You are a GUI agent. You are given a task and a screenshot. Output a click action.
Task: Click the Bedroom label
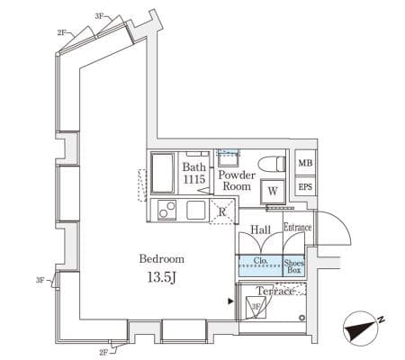(162, 259)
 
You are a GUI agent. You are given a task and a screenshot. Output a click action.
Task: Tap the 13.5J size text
(161, 278)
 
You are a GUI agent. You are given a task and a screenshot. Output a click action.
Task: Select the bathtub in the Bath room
(162, 173)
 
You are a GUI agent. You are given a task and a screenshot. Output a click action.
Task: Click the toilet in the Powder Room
(272, 164)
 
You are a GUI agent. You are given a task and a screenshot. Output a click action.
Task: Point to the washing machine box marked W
(273, 191)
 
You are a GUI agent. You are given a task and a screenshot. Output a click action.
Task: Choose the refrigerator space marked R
(222, 211)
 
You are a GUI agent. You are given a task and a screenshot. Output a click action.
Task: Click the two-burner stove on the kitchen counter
(167, 210)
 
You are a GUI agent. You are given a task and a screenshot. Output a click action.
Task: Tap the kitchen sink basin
(196, 210)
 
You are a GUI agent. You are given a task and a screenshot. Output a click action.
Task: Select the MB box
(305, 163)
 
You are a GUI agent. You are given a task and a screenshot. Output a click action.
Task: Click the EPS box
(305, 186)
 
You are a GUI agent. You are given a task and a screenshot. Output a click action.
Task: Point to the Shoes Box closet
(293, 266)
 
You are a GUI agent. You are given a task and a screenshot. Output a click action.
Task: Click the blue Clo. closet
(260, 265)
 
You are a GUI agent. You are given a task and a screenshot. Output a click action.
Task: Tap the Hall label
(260, 230)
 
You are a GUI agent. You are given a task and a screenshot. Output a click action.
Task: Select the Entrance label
(298, 228)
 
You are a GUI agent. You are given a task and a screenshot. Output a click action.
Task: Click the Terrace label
(274, 291)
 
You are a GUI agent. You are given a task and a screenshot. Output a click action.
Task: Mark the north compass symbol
(363, 329)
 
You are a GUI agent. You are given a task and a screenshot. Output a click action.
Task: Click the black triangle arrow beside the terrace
(230, 301)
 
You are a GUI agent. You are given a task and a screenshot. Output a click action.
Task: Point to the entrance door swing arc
(342, 222)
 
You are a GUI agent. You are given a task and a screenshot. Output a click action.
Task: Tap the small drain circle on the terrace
(301, 318)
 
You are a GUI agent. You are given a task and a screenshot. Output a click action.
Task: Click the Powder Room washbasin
(229, 158)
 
